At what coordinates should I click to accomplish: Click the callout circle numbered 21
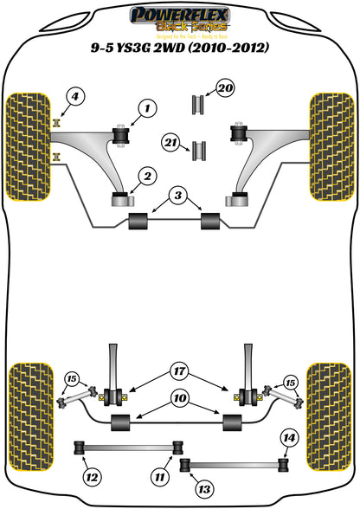click(x=169, y=140)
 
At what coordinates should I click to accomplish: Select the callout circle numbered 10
click(x=177, y=400)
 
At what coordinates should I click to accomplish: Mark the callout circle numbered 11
click(x=157, y=474)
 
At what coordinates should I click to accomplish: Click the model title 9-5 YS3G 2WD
click(x=180, y=48)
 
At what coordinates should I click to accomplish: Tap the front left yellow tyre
click(x=29, y=135)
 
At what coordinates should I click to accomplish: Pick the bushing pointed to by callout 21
click(x=199, y=149)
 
